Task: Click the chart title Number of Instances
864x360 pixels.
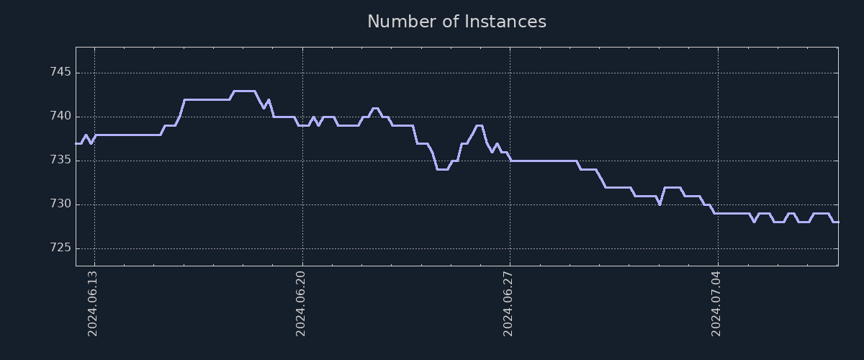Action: click(x=456, y=22)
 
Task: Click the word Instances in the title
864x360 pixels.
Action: click(x=505, y=22)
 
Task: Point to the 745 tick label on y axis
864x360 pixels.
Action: click(x=60, y=73)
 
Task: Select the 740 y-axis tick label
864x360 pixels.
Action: click(x=60, y=117)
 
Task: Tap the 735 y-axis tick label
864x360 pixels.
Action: click(x=60, y=161)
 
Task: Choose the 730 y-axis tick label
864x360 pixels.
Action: click(x=60, y=204)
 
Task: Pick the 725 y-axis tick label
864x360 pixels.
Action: click(x=60, y=248)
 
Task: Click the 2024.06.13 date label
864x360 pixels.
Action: click(x=93, y=304)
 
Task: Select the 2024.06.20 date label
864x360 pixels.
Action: click(x=301, y=304)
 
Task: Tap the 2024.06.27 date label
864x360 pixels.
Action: click(x=508, y=304)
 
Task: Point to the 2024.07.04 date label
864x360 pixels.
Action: click(x=716, y=304)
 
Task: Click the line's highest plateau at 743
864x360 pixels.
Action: click(x=244, y=91)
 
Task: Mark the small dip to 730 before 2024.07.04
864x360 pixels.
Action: click(x=660, y=204)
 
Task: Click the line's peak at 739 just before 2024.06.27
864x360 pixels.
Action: click(x=479, y=126)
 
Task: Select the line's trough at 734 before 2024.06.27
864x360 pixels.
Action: click(x=442, y=169)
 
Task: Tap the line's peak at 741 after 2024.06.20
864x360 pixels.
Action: click(x=375, y=108)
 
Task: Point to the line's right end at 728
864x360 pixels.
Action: click(x=837, y=222)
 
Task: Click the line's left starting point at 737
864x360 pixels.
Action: click(x=76, y=143)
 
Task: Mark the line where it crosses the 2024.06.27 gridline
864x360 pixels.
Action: click(x=510, y=160)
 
